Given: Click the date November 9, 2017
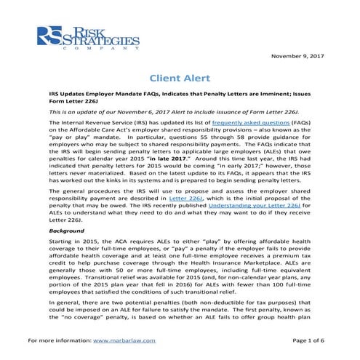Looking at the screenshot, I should click(x=297, y=55).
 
